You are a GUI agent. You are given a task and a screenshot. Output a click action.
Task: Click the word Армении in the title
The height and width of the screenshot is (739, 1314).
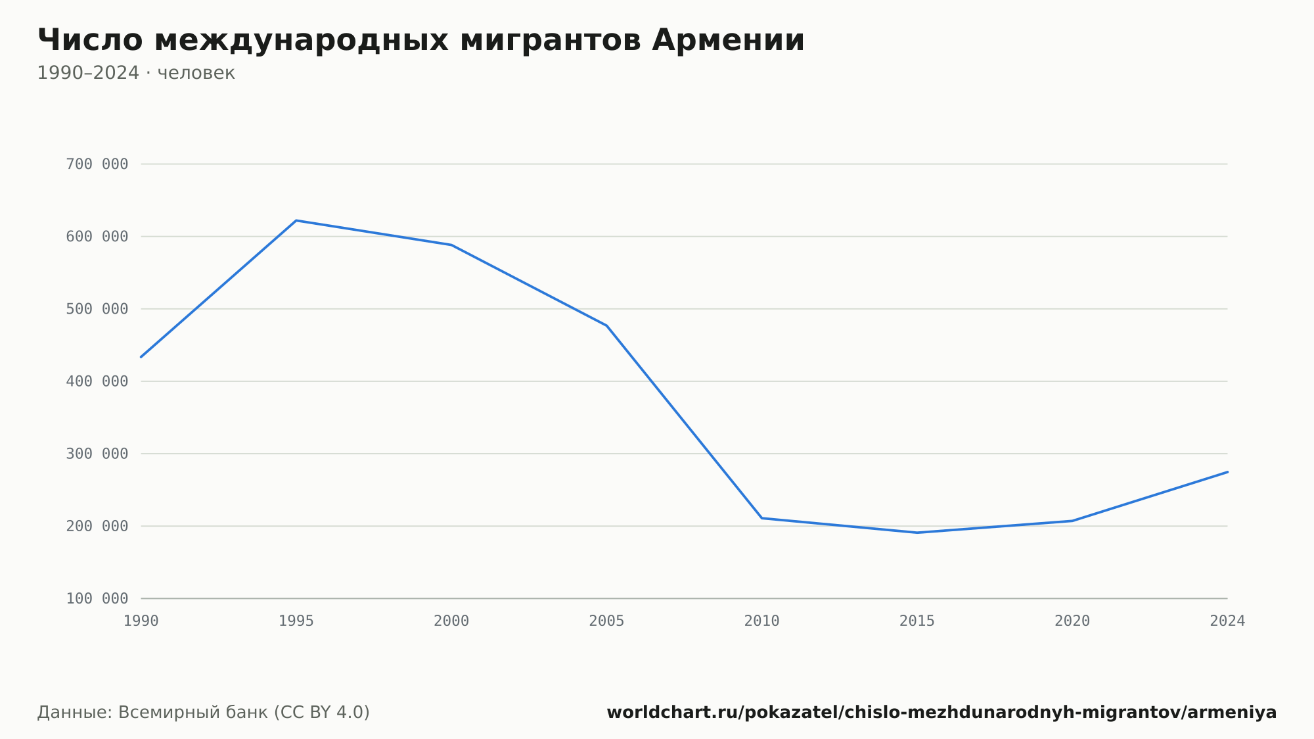(728, 40)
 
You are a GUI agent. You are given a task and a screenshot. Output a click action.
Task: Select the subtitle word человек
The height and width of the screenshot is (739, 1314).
(196, 73)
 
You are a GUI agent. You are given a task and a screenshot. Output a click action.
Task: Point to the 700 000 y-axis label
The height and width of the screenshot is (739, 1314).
(97, 164)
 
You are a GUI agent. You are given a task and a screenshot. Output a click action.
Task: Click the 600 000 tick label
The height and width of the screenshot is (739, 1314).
(97, 237)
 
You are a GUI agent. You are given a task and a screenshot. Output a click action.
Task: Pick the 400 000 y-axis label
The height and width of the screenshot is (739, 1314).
(97, 381)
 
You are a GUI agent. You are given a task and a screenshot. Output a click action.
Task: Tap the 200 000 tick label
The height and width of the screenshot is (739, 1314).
(97, 526)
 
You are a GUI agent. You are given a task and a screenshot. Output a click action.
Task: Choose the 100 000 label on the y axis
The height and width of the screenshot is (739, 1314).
(97, 598)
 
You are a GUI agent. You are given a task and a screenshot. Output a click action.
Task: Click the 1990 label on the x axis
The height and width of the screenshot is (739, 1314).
(141, 621)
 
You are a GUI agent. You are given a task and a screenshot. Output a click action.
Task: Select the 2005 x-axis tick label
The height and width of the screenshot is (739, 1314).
(606, 621)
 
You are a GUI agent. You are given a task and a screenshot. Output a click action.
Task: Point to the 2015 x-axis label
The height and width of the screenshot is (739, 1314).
(917, 621)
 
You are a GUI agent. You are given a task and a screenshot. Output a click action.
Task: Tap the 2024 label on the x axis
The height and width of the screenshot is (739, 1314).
(1227, 621)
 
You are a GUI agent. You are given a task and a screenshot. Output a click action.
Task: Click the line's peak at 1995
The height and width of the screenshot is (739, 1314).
(296, 220)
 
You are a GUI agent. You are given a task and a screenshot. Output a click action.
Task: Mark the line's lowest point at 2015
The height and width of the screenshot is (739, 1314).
(917, 533)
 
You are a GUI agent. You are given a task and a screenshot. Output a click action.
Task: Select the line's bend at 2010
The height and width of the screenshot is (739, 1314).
(762, 518)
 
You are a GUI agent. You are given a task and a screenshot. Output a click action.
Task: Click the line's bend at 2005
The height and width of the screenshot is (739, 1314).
(606, 325)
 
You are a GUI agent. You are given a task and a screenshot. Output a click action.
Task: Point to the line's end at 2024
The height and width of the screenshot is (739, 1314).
(1227, 471)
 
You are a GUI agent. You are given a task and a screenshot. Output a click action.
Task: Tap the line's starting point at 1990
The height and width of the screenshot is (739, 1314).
(141, 357)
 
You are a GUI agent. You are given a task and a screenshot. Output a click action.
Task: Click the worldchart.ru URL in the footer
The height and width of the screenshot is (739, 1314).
(941, 713)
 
